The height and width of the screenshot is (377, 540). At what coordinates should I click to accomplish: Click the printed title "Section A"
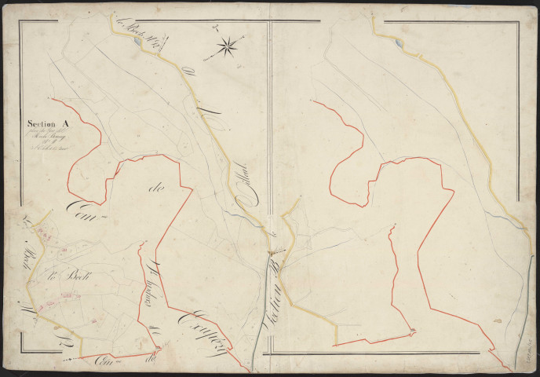point(48,123)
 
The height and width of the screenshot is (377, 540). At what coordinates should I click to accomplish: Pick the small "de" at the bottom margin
point(149,358)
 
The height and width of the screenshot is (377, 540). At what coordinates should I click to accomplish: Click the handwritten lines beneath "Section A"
point(49,139)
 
